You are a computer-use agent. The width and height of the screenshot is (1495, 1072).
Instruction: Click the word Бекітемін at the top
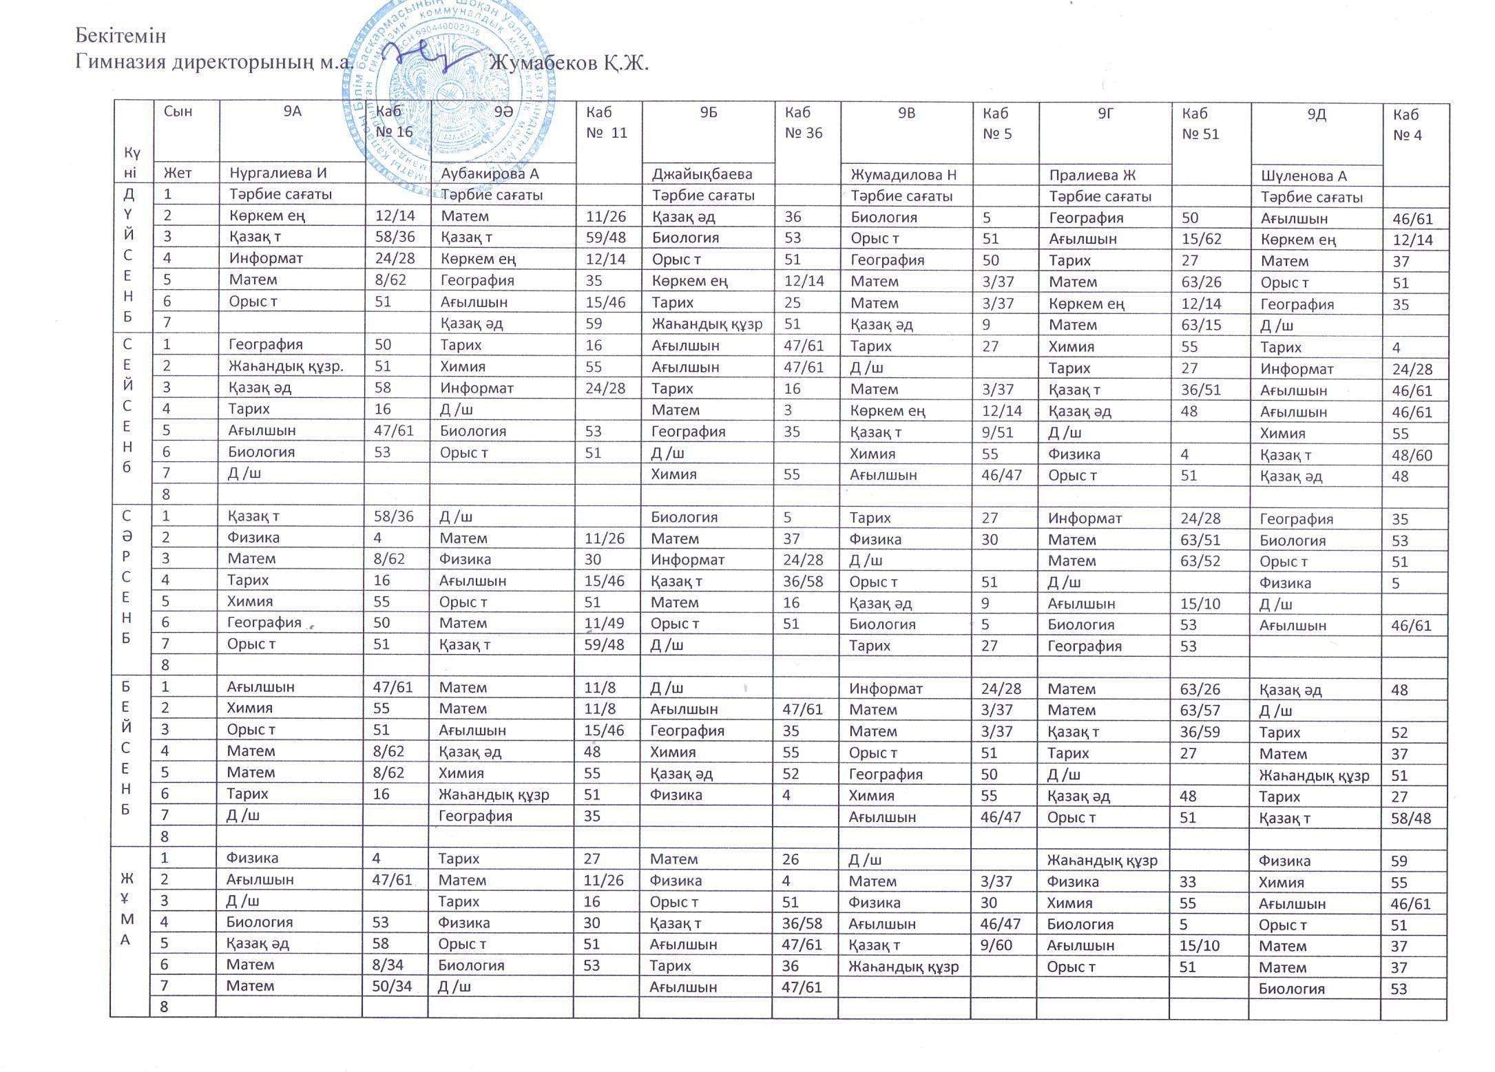coord(121,35)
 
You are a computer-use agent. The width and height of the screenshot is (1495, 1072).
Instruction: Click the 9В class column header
coord(906,114)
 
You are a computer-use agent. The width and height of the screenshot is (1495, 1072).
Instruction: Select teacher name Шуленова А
coord(1304,176)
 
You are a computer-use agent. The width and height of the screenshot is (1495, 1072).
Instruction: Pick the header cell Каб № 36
coord(804,123)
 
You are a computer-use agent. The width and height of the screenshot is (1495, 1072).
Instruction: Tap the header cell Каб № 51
coord(1200,124)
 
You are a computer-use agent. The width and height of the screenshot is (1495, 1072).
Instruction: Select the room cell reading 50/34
coord(392,986)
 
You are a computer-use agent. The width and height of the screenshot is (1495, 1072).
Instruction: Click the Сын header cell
coord(178,112)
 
